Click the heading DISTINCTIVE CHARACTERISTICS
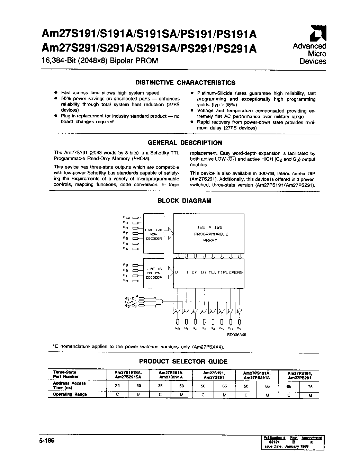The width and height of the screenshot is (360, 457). point(185,83)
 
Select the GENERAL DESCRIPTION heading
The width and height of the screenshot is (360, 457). point(185,143)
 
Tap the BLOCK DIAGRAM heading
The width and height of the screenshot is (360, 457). point(184,200)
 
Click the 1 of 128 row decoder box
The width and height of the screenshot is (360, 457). point(153,234)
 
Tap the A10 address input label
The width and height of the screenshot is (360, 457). point(126,217)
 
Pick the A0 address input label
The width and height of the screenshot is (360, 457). point(126,281)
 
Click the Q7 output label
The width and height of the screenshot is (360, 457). point(239,328)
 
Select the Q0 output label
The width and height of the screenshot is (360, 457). point(177,328)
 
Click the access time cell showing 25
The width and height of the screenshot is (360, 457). point(117,386)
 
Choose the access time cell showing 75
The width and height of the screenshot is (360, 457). point(310,386)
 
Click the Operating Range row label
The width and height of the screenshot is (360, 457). point(70,394)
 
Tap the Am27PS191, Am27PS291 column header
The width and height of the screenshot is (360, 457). point(300,375)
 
